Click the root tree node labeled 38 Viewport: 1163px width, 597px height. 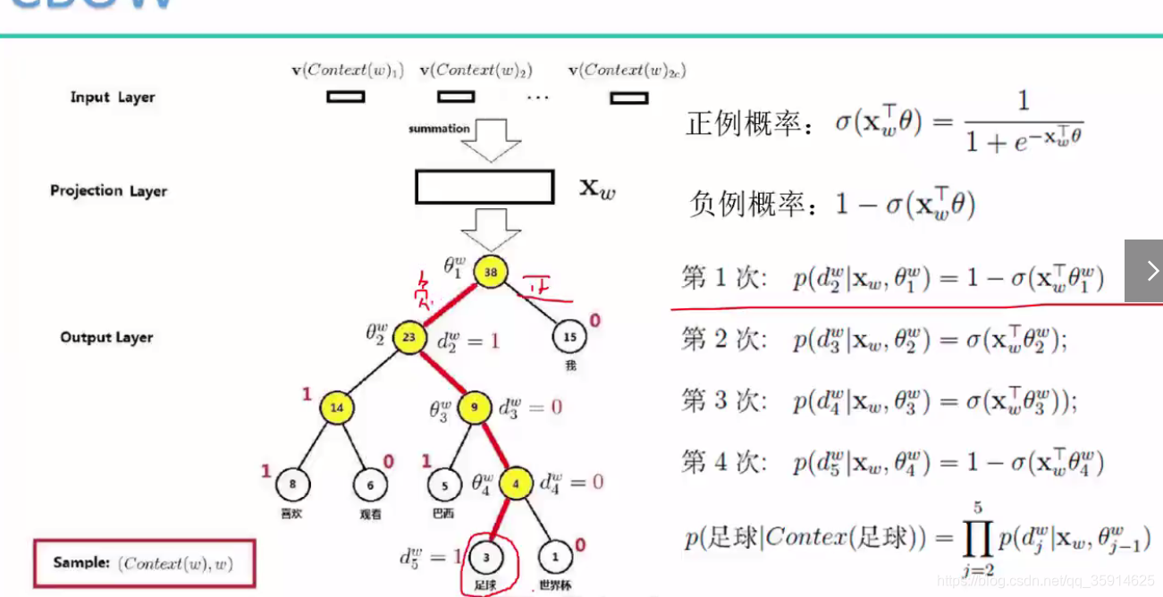[490, 272]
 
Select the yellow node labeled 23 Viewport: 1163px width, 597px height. [409, 337]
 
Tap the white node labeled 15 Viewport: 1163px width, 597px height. [569, 337]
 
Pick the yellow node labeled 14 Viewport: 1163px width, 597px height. [337, 408]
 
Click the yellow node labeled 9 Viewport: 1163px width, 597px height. [475, 408]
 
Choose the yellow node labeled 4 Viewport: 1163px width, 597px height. [516, 483]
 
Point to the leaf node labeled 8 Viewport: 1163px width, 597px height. [292, 484]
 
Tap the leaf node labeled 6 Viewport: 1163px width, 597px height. [369, 484]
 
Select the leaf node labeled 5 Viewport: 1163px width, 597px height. [444, 484]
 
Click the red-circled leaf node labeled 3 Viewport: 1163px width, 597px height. [485, 557]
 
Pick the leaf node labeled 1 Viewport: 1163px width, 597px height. [555, 557]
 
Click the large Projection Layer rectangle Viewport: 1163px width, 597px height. [485, 187]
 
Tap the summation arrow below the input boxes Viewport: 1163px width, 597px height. [491, 141]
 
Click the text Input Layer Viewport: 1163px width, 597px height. [113, 97]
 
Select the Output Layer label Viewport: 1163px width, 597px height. [106, 337]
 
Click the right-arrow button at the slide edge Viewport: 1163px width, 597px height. [1144, 271]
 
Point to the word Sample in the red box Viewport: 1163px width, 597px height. [80, 563]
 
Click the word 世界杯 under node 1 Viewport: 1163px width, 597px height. [555, 586]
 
